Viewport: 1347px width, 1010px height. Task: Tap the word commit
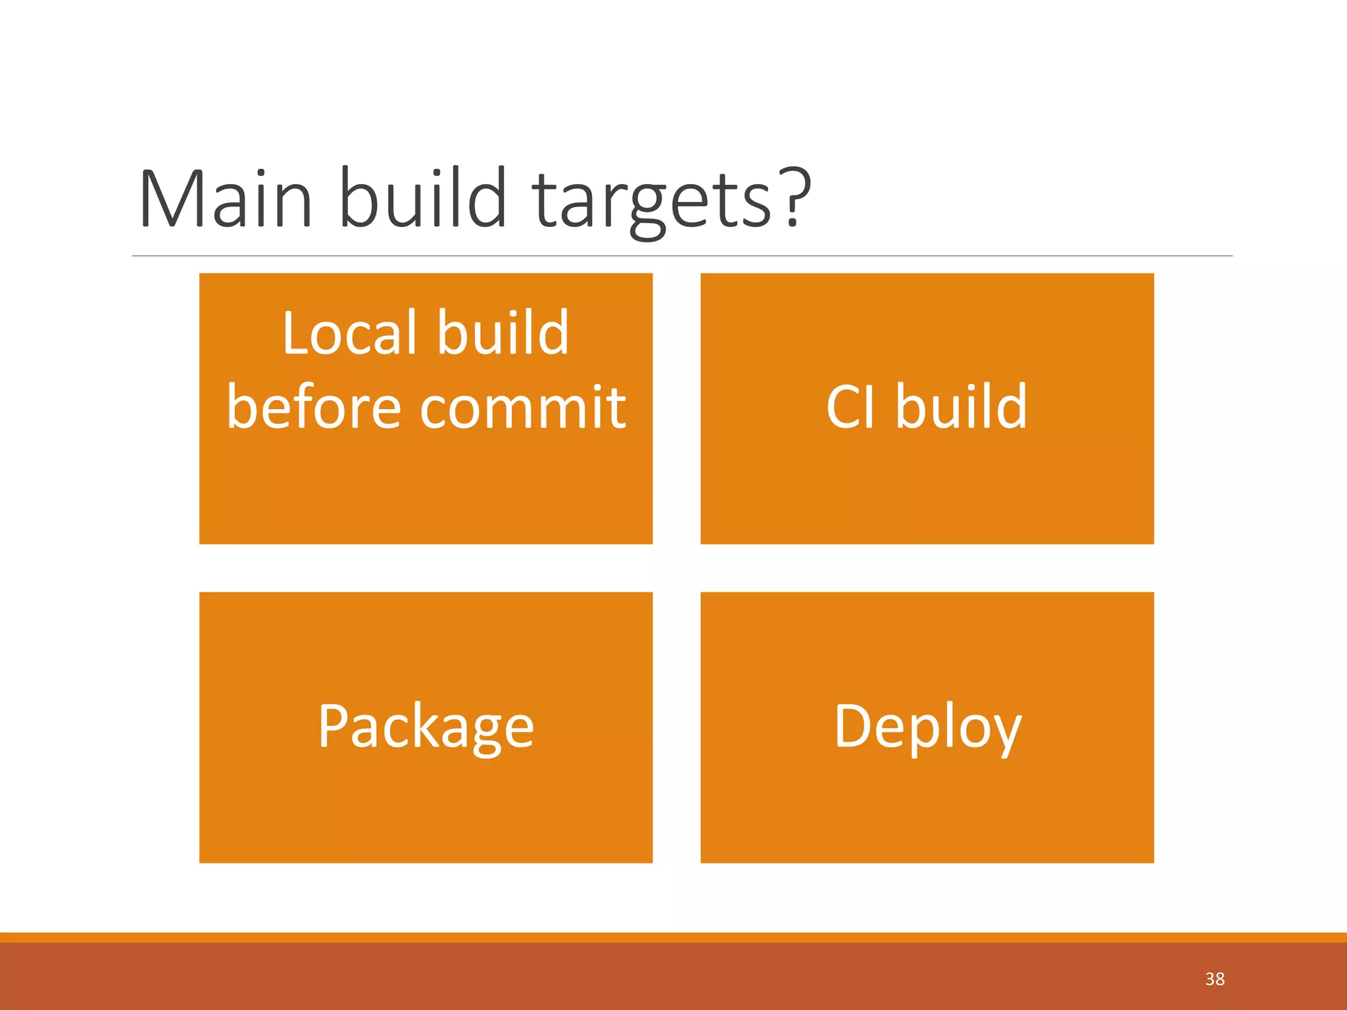pyautogui.click(x=523, y=407)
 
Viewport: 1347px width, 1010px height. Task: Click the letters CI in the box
pyautogui.click(x=850, y=407)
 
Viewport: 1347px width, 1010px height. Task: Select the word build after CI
pyautogui.click(x=961, y=406)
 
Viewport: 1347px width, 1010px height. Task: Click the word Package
pyautogui.click(x=426, y=727)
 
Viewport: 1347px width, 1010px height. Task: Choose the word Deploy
pyautogui.click(x=927, y=727)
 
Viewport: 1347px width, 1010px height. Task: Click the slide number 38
pyautogui.click(x=1215, y=979)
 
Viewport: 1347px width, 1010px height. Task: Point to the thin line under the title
pyautogui.click(x=681, y=256)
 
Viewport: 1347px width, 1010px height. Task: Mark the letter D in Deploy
pyautogui.click(x=852, y=725)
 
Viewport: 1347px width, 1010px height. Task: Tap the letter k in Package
pyautogui.click(x=424, y=725)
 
